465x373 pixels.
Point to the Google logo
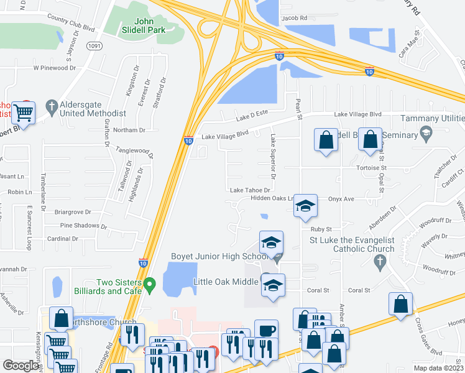[21, 366]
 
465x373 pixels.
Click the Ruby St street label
[321, 229]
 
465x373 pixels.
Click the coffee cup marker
[266, 331]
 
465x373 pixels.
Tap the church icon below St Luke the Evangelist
[381, 264]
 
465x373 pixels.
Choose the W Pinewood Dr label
[54, 68]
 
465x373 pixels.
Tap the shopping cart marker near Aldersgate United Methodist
[24, 113]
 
